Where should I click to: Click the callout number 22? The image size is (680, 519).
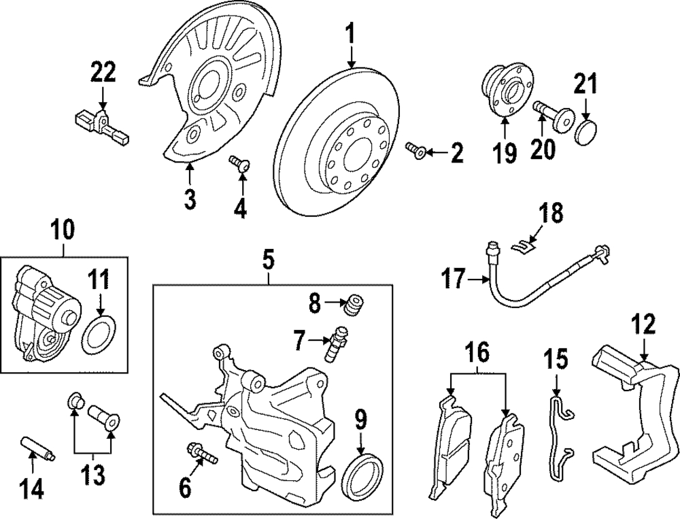103,72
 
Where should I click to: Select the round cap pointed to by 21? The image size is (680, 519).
587,132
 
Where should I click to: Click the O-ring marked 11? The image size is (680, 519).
99,335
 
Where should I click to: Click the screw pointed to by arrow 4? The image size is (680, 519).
239,164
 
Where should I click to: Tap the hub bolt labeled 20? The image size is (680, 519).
551,115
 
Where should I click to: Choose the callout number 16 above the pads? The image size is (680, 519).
478,353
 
